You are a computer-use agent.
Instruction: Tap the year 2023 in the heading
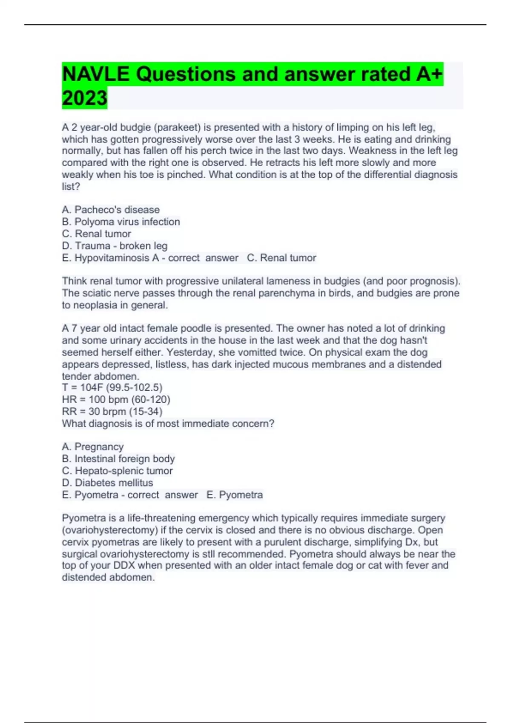(x=84, y=98)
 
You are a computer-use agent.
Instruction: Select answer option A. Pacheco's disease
(x=111, y=210)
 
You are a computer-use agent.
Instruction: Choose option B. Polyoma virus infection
(x=121, y=222)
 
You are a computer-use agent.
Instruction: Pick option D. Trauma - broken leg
(x=115, y=246)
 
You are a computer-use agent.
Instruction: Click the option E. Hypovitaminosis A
(x=110, y=258)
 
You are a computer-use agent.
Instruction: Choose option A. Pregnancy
(x=93, y=447)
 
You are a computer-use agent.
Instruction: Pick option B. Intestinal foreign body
(x=118, y=458)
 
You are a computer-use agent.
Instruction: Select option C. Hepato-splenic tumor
(x=117, y=471)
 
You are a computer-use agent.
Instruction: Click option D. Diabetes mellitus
(x=107, y=483)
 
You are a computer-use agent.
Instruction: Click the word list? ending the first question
(x=71, y=186)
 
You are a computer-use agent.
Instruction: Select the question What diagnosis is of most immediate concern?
(x=168, y=424)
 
